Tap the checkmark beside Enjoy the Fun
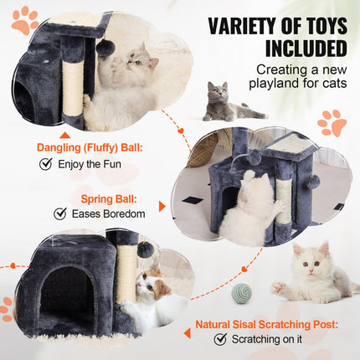tap(46, 164)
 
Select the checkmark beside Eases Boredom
tap(59, 213)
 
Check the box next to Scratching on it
tap(220, 339)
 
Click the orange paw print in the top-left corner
tap(23, 18)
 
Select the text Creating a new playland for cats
tap(300, 76)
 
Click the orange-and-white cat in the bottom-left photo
tap(152, 293)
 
